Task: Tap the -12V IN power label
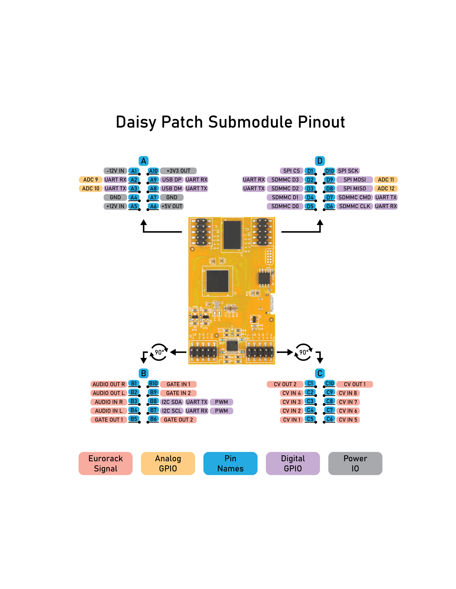pos(115,171)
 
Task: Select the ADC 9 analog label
pos(90,180)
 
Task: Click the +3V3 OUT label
pos(178,171)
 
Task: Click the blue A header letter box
pos(143,161)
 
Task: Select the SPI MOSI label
pos(354,180)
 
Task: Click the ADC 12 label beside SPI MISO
pos(386,188)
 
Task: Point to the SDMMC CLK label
pos(354,206)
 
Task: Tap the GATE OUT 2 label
pos(178,420)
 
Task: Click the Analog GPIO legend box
pos(168,463)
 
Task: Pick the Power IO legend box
pos(355,463)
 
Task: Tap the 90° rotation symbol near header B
pos(159,352)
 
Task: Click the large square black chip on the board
pos(217,281)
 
